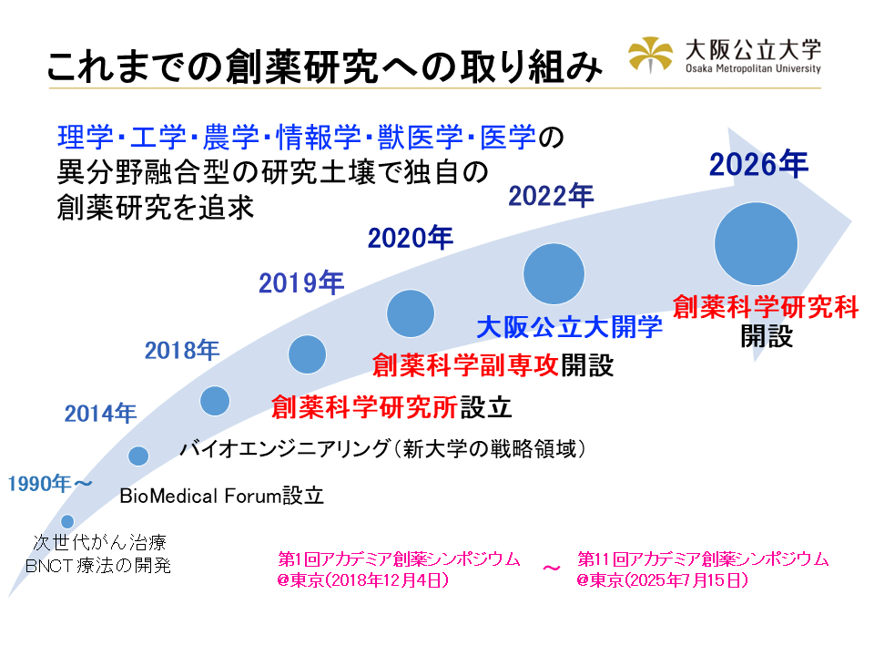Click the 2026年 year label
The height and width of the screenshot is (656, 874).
tap(758, 165)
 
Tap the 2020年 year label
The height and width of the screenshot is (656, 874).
tap(410, 238)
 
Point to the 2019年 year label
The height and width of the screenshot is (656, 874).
tap(300, 283)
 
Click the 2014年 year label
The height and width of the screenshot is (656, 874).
tap(100, 413)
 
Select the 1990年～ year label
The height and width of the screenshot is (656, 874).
tap(50, 484)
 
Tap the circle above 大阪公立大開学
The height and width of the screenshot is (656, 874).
tap(554, 273)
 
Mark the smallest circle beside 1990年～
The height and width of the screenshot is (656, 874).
tap(67, 522)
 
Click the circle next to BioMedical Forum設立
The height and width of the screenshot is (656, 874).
tap(138, 456)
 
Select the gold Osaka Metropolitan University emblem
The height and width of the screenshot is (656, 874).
tap(651, 56)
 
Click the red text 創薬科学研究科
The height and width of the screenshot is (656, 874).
tap(766, 307)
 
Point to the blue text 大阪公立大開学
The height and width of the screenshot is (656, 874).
tap(570, 327)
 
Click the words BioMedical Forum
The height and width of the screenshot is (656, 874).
tap(201, 497)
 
